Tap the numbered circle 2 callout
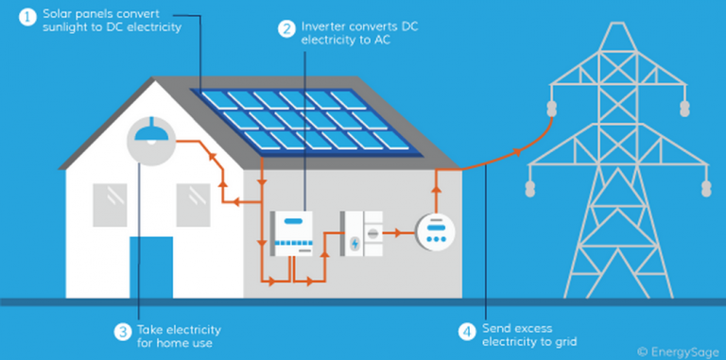coord(285,28)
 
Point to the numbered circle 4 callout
coord(465,331)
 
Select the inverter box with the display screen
coord(293,232)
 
